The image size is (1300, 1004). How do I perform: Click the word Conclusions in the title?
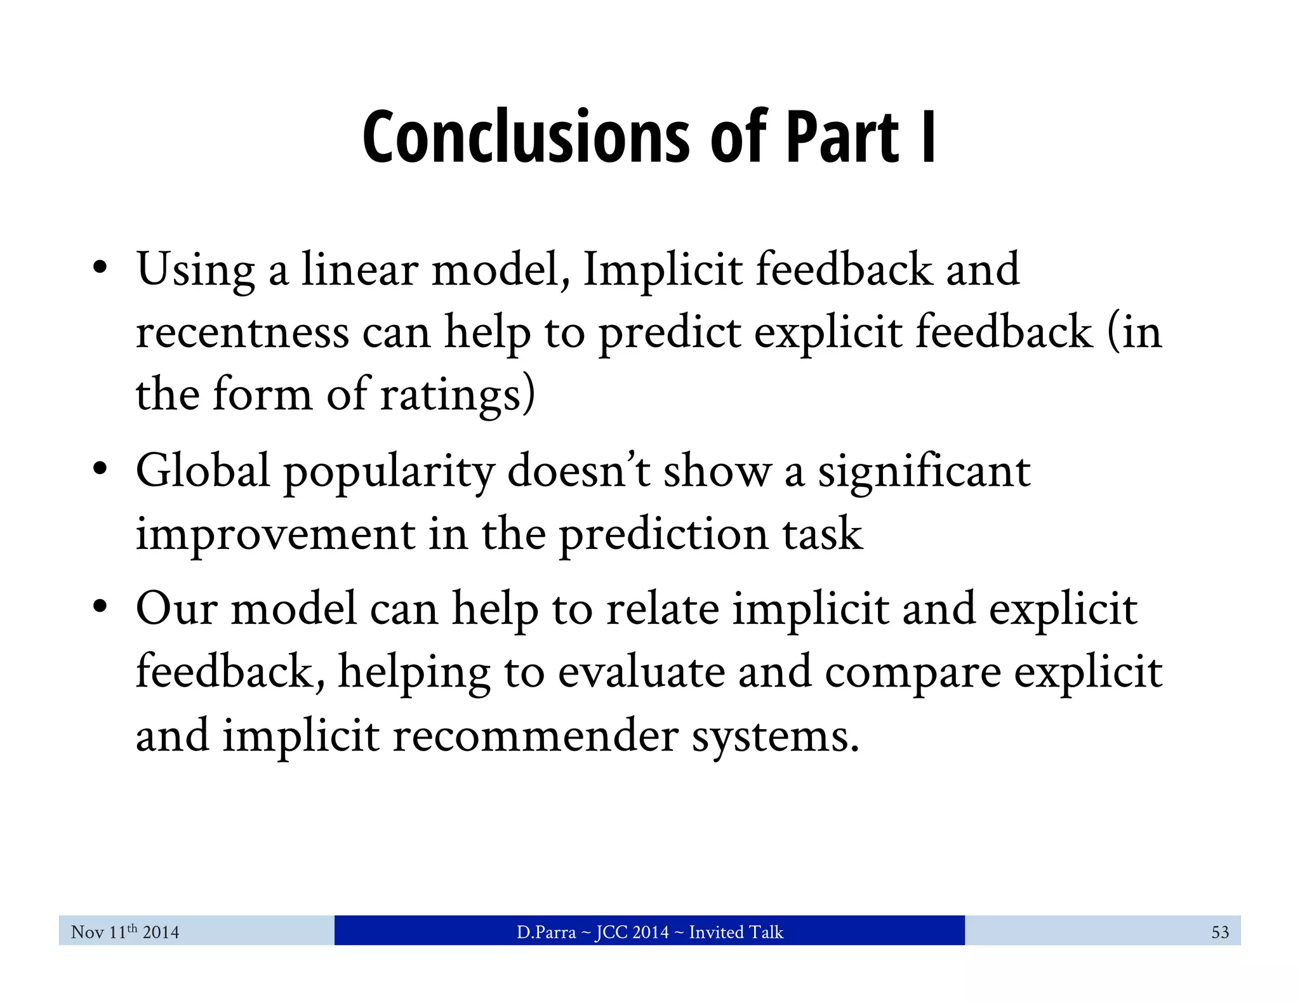[x=526, y=138]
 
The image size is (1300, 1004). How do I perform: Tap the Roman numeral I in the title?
[x=927, y=138]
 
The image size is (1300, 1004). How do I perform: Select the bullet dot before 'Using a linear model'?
[x=100, y=268]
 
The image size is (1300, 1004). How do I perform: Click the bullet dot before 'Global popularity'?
[x=100, y=470]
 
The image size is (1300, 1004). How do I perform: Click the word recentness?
[x=242, y=333]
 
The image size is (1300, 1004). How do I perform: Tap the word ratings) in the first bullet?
[x=458, y=395]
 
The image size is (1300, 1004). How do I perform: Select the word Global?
[x=203, y=471]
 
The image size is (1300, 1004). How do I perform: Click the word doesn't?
[x=578, y=471]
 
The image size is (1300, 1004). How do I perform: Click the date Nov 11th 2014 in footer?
[x=125, y=932]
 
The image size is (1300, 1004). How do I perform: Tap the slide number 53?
[x=1219, y=932]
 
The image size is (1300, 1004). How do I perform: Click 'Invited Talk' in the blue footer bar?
[x=736, y=932]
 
